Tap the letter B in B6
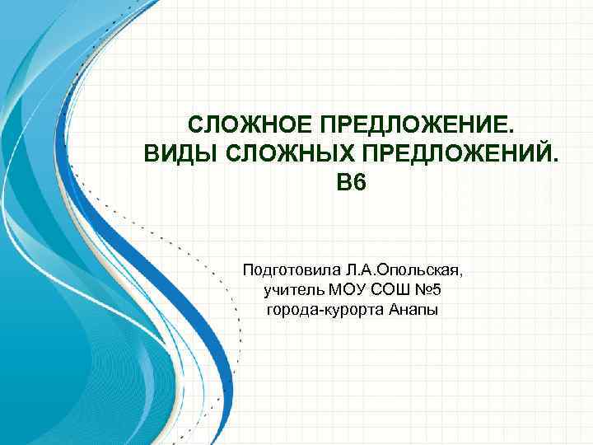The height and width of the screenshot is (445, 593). coord(343,182)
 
